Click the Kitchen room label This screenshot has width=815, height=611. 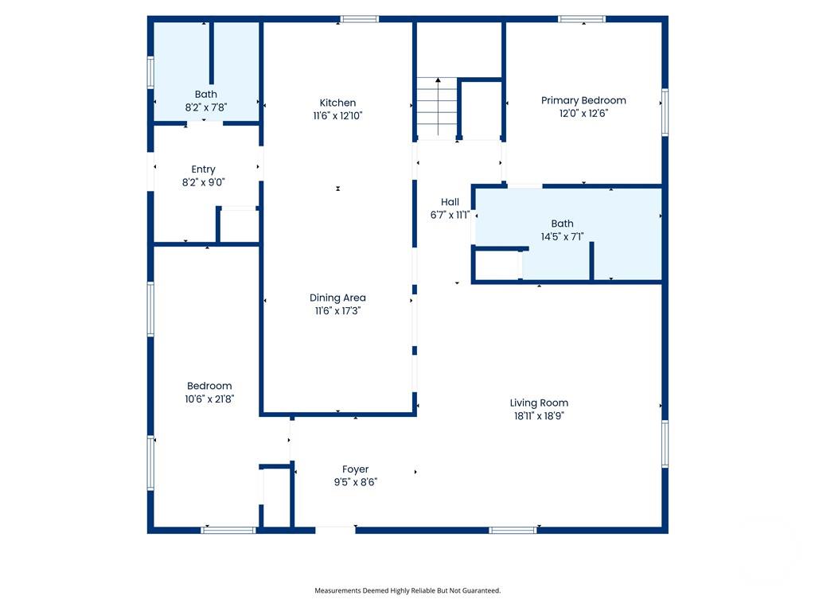coord(337,103)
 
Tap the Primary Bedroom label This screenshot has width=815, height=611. coord(583,100)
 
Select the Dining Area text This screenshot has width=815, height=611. coord(337,298)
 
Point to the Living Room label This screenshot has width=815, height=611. coord(539,403)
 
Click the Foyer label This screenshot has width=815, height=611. coord(355,469)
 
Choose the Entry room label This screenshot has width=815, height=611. coord(203,169)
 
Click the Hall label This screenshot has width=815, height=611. coord(450,202)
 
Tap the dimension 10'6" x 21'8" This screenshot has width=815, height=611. coord(210,399)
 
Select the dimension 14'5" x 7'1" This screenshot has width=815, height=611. coord(562,236)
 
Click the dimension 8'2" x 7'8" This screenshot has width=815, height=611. coord(205,107)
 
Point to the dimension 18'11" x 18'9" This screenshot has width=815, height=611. coord(539,415)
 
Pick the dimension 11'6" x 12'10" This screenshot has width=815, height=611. coord(337,115)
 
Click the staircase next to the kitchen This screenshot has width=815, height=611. coord(437,107)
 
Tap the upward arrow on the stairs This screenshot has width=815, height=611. coord(438,81)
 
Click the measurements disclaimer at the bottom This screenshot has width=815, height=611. coord(407,590)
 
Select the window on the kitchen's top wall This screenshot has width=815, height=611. coord(360,19)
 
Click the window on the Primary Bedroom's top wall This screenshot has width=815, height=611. coord(582,19)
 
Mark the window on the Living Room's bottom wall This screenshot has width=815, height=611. coord(513,529)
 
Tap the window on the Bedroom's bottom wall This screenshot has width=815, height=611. coord(228,529)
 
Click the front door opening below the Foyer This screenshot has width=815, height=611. coord(335,528)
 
